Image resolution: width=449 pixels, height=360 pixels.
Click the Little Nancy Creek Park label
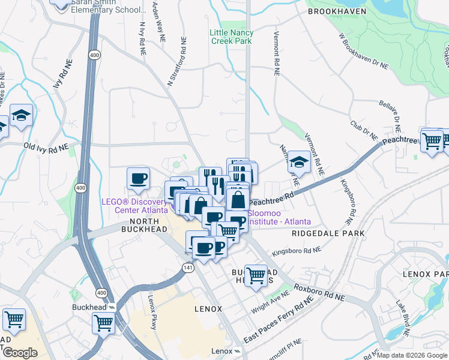[x=231, y=37]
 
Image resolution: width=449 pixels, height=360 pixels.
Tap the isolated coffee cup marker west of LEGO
[x=138, y=178]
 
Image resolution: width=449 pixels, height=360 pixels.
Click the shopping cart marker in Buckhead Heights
[x=256, y=275]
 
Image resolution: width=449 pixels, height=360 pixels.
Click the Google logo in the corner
[x=20, y=353]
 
